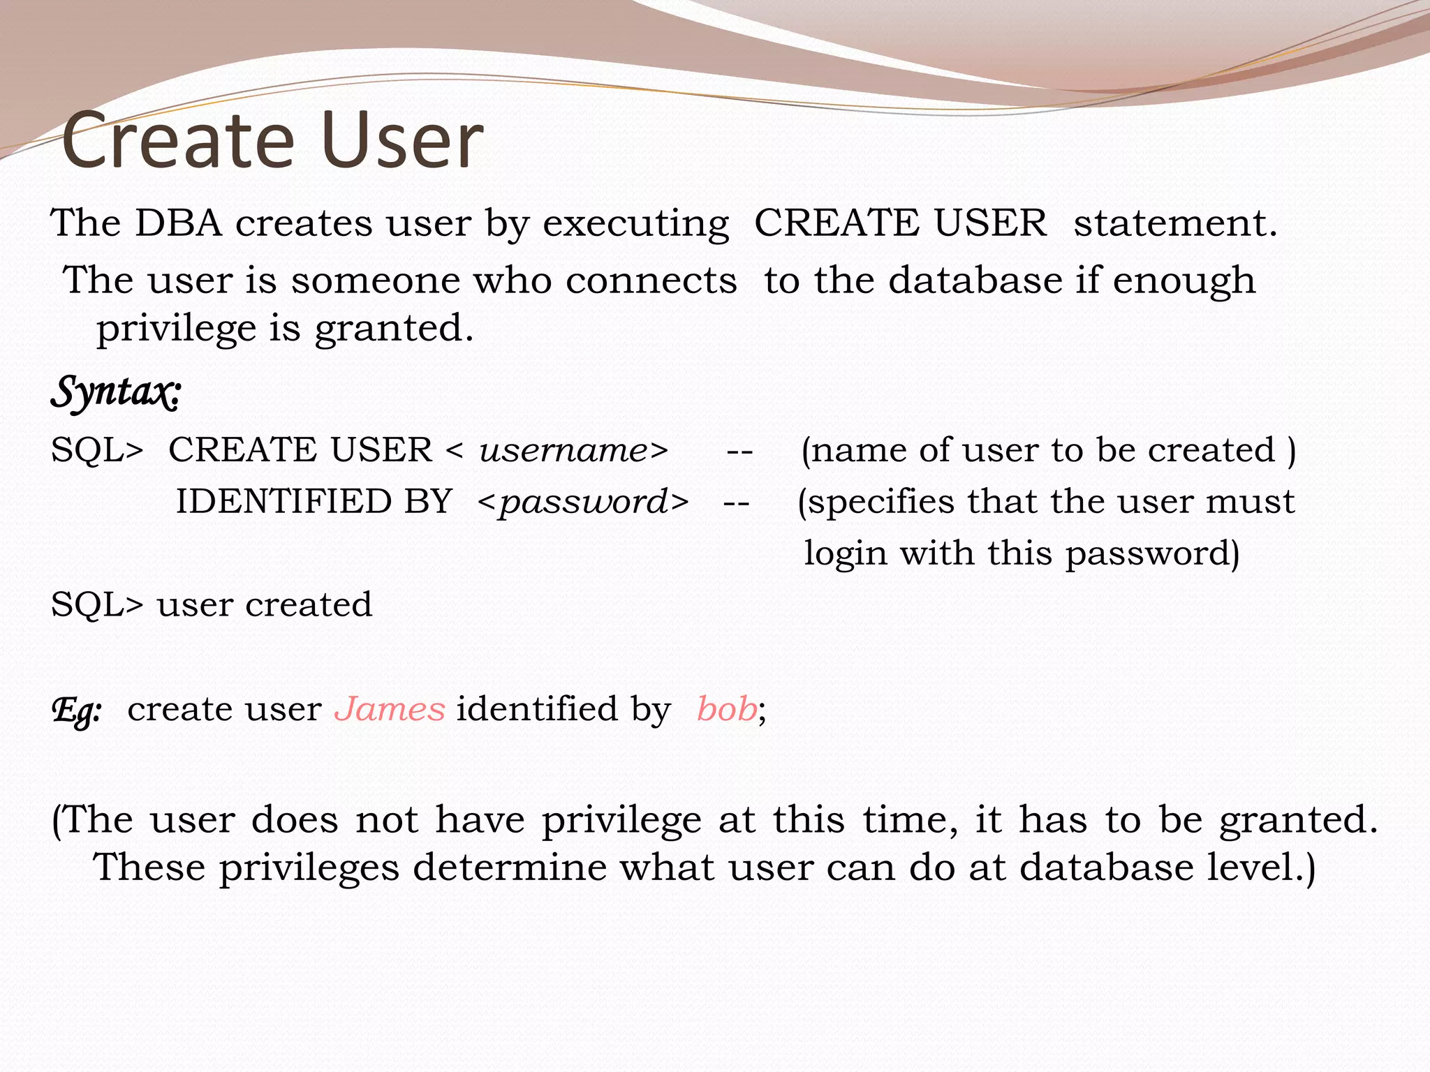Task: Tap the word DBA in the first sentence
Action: [x=178, y=223]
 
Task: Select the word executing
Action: [x=635, y=225]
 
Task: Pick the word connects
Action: [x=651, y=281]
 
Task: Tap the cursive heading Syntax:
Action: [x=116, y=392]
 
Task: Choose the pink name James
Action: [x=390, y=709]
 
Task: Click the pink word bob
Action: [x=727, y=709]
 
